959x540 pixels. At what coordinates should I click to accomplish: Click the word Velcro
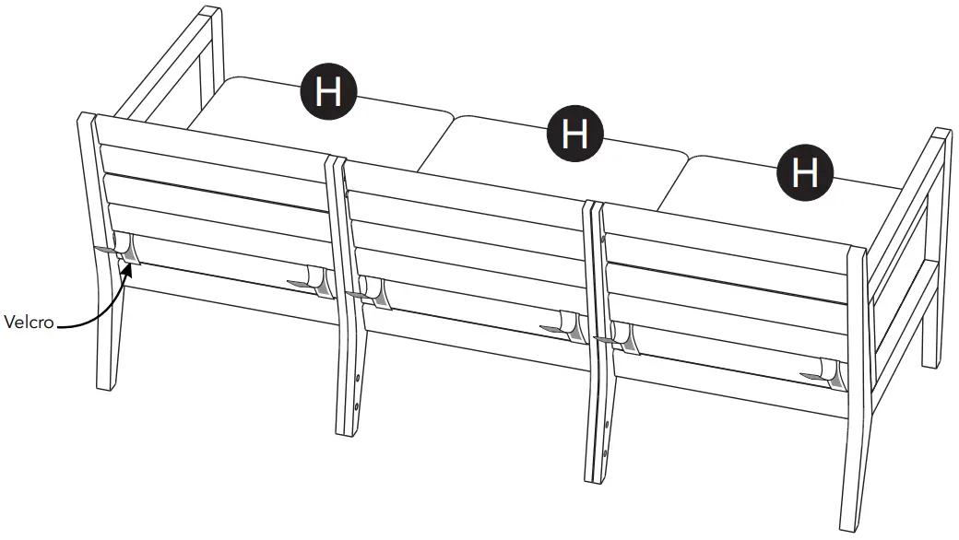coord(29,323)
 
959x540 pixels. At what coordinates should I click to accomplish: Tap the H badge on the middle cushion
coord(574,134)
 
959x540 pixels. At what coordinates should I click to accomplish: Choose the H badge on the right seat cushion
coord(805,172)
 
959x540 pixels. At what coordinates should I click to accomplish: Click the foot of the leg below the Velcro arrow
coord(110,384)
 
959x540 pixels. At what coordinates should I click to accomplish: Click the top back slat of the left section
coord(212,139)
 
